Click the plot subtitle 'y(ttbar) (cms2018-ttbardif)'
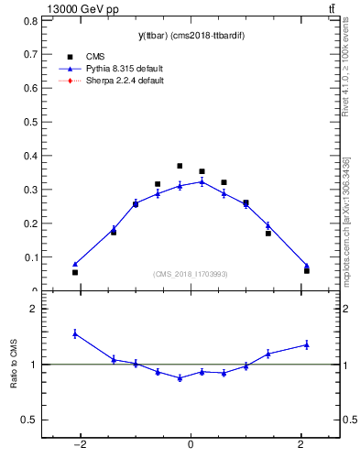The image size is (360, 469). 190,36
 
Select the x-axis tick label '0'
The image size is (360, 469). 191,446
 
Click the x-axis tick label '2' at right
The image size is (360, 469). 301,446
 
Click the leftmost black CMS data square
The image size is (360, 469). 75,272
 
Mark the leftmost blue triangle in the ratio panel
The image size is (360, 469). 75,333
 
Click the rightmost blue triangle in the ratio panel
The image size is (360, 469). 306,344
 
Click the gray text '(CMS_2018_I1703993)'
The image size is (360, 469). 190,274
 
